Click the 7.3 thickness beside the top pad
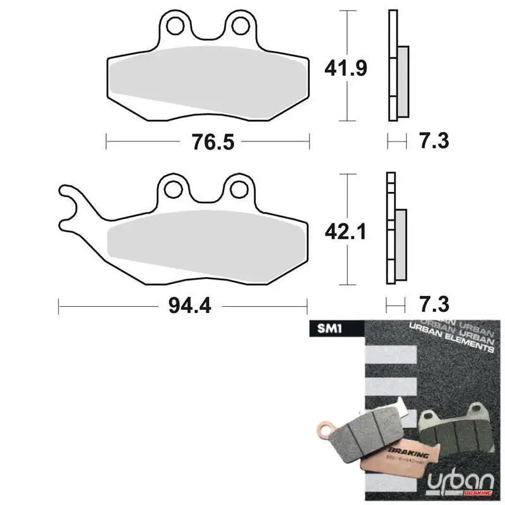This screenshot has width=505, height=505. point(434,140)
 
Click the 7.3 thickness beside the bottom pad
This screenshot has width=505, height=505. point(434,306)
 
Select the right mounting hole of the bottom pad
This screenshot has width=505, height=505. point(239,187)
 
